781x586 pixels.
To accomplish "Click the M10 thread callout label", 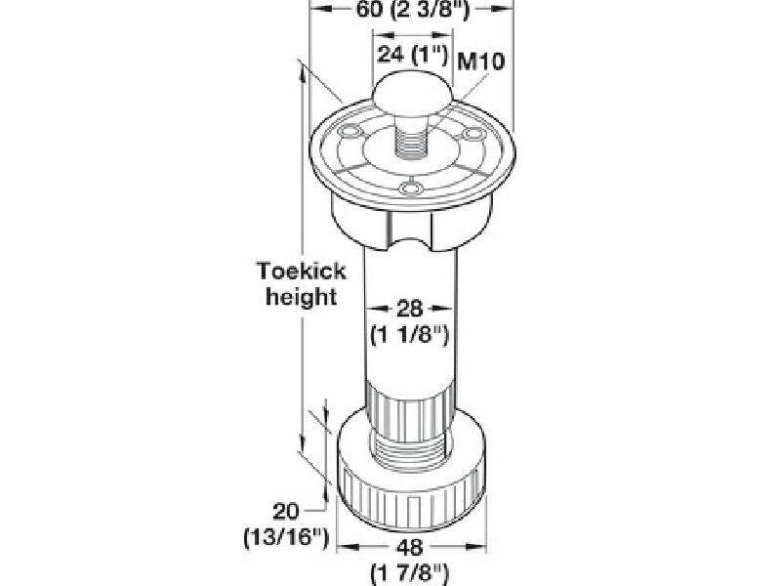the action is point(480,62).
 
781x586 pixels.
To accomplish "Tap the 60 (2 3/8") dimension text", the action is point(413,10).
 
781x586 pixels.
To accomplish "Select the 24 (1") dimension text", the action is point(413,54).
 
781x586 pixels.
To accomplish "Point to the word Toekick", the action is point(302,272).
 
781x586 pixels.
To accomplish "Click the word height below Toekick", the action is point(302,297).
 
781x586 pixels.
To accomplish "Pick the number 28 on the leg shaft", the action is point(409,309).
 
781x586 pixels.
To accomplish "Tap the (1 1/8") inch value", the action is point(410,334).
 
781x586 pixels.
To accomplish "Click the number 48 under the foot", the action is point(409,548).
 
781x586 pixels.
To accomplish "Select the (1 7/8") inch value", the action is point(410,573).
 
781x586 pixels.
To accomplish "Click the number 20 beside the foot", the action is point(286,512).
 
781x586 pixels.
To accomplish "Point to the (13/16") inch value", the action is point(286,538).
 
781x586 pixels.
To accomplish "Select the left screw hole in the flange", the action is point(349,131).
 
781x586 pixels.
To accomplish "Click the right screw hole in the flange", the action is point(473,134).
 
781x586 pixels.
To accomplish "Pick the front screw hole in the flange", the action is point(412,188).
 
